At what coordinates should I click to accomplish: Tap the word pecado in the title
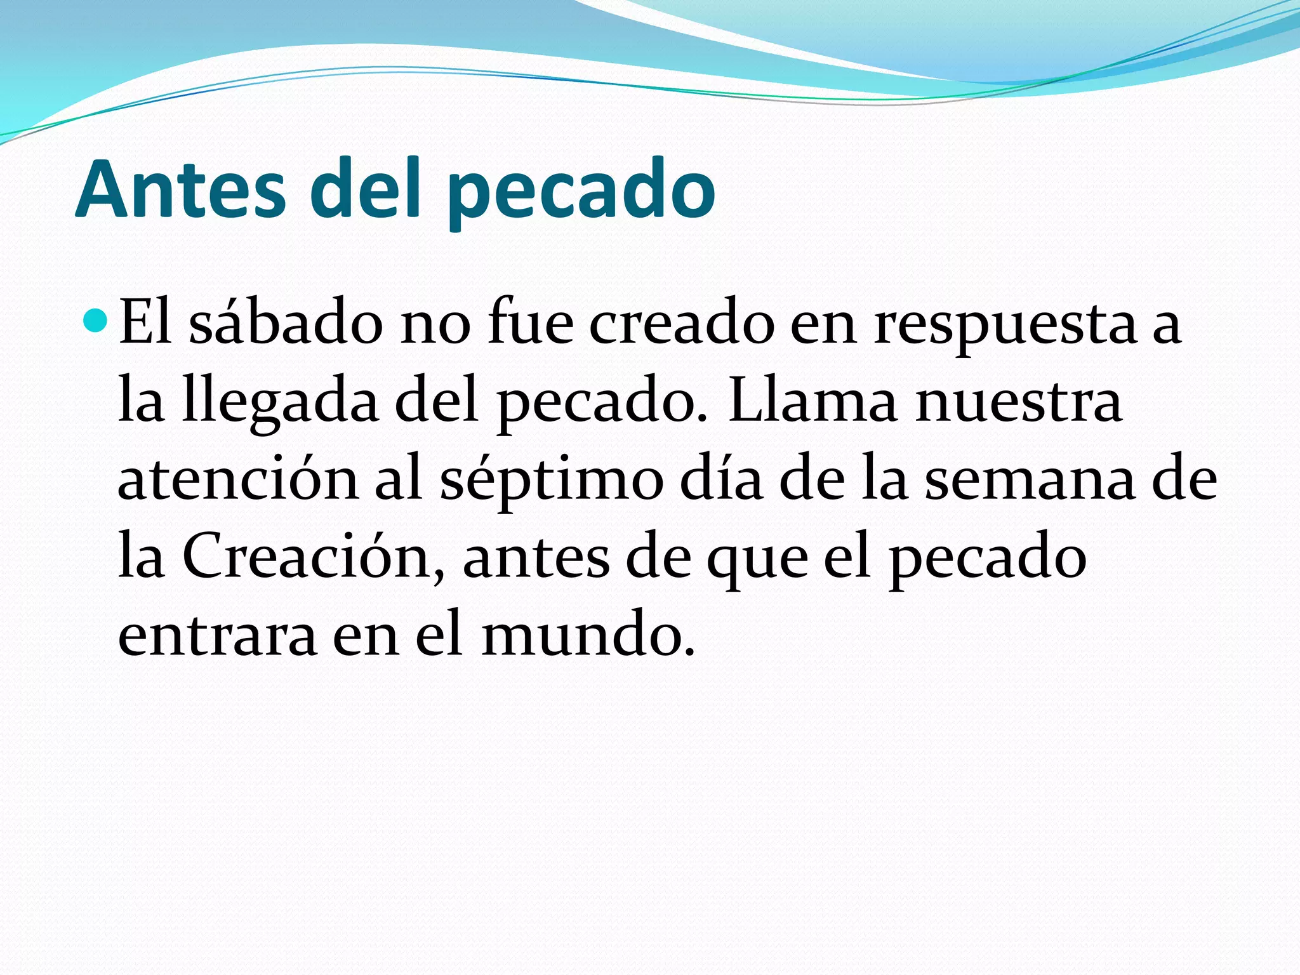581,190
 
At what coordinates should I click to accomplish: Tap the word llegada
280,404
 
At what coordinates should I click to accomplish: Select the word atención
238,479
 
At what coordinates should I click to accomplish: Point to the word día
720,479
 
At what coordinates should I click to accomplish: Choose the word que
757,560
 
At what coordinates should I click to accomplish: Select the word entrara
217,635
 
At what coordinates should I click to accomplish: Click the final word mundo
587,634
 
